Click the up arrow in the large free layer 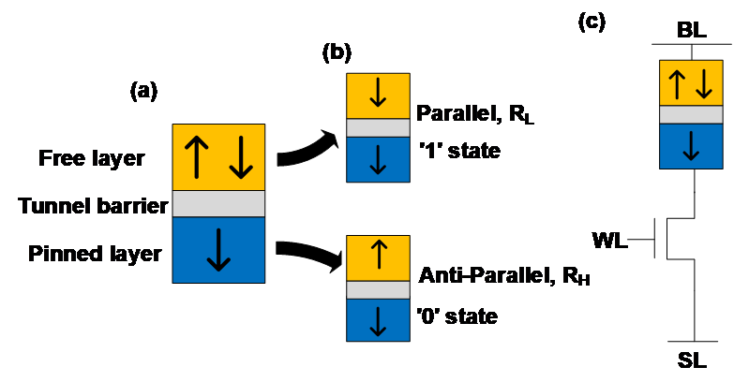tap(195, 157)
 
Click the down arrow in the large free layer tap(241, 157)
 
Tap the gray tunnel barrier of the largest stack tap(218, 204)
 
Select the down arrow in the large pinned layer tap(218, 249)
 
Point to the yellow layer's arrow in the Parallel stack tap(378, 95)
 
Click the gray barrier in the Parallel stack tap(378, 128)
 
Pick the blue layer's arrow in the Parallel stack tap(378, 159)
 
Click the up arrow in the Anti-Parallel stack tap(378, 257)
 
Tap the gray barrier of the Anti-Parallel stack tap(378, 290)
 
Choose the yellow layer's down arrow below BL tap(703, 83)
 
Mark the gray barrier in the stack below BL tap(691, 115)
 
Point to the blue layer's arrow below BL tap(691, 146)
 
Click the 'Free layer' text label tap(92, 157)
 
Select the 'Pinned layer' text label tap(95, 254)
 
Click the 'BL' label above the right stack tap(689, 30)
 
